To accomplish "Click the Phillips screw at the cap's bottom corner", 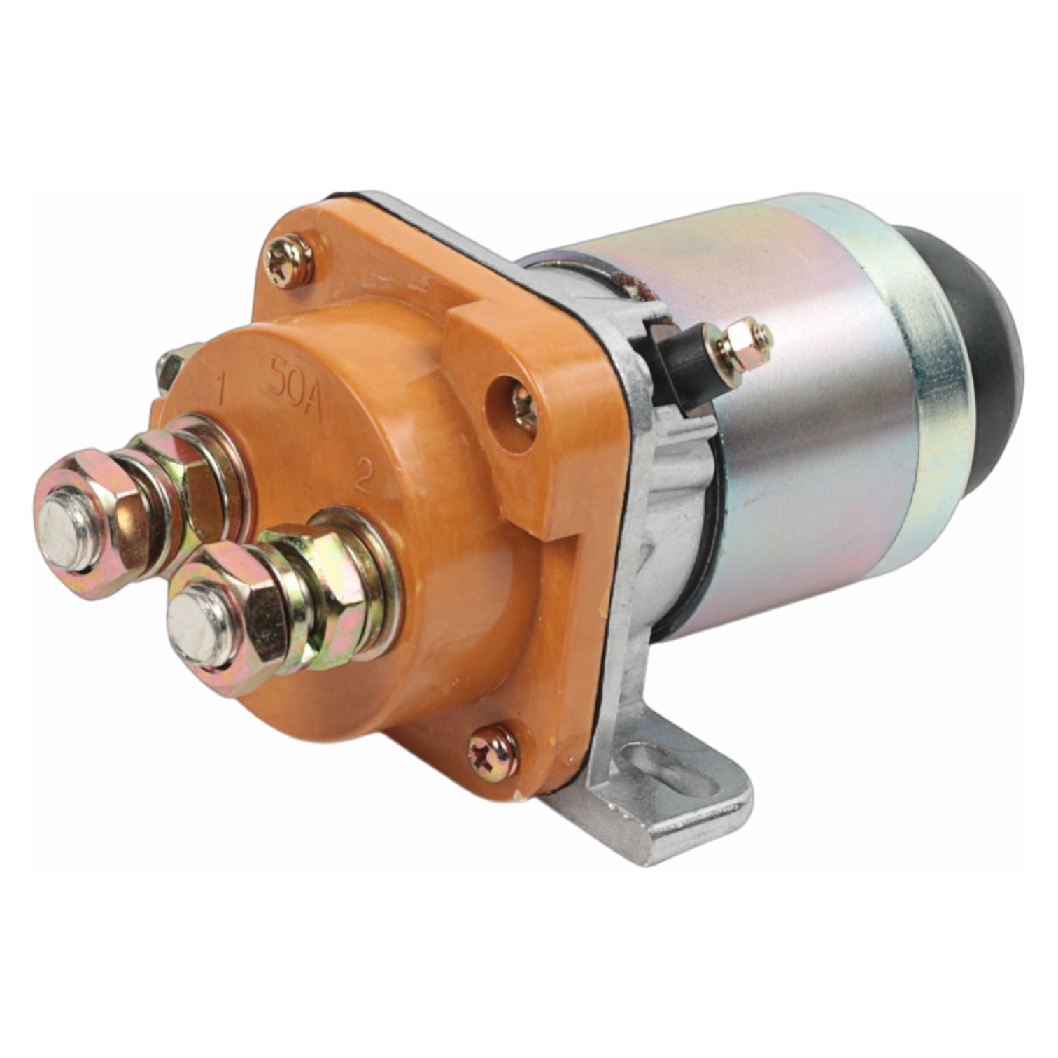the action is (x=493, y=753).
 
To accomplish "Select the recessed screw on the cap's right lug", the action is (x=523, y=407).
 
